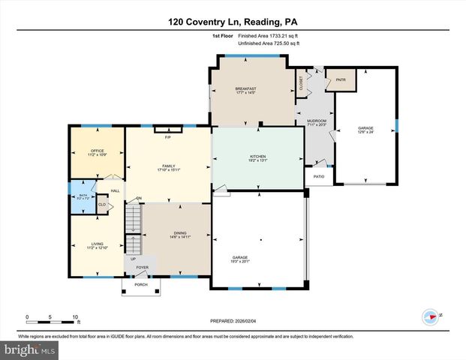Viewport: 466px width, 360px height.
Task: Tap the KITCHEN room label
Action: [x=257, y=157]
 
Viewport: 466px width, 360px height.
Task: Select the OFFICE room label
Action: [x=97, y=151]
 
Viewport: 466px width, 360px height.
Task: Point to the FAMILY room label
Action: [x=168, y=166]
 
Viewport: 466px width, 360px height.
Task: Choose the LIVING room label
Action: [x=97, y=244]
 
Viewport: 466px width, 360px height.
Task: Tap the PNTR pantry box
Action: [x=341, y=79]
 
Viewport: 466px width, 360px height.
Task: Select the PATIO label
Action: [x=318, y=176]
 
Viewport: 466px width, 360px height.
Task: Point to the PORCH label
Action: [x=141, y=285]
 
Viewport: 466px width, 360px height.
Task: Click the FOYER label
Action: [x=143, y=267]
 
